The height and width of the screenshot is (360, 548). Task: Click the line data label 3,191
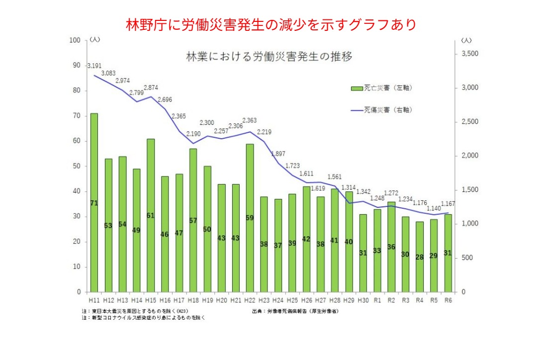pos(94,66)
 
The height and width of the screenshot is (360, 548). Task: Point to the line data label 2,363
pos(250,120)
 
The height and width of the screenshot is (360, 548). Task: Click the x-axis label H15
pos(150,300)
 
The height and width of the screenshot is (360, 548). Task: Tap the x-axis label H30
pos(363,300)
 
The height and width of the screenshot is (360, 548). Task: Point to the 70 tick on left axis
pos(77,116)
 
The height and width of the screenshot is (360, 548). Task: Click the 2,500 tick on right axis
pos(470,122)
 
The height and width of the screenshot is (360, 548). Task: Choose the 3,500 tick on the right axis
pos(470,54)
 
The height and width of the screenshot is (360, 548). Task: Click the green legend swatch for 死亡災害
pos(357,88)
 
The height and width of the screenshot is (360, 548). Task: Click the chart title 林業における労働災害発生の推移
pos(269,56)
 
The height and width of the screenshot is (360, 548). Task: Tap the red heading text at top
pos(271,24)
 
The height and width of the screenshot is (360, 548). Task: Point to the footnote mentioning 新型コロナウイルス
pos(144,317)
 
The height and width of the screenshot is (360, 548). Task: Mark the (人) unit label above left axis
pos(95,40)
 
